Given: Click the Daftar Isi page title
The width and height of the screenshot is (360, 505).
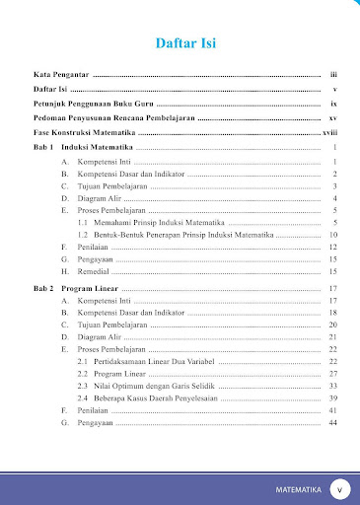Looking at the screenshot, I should [187, 43].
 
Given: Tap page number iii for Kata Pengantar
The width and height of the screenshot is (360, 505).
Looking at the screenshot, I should [334, 75].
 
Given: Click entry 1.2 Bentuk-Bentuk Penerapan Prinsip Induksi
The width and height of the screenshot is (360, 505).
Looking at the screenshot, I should [177, 237].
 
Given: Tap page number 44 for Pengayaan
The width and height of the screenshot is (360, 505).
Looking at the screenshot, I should [333, 423].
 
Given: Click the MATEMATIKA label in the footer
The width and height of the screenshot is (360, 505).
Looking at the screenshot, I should [299, 488].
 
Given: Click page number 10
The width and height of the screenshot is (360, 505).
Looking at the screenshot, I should [333, 237].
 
